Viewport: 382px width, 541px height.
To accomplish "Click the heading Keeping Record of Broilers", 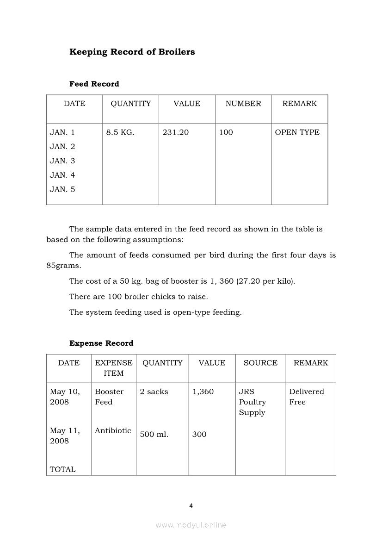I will point(132,52).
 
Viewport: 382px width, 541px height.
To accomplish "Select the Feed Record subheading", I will point(94,84).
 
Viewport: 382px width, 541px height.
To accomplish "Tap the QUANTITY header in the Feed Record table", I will point(130,104).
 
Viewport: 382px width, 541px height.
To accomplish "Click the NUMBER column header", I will point(243,104).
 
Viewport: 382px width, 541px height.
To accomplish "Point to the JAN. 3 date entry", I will point(62,161).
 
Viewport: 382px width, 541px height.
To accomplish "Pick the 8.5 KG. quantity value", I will point(120,132).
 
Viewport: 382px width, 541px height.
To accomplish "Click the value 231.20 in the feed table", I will point(176,132).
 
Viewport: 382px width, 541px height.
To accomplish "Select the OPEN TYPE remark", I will point(297,132).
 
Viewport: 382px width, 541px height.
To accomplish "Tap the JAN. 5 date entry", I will point(62,189).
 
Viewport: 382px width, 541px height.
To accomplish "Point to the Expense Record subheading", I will point(101,343).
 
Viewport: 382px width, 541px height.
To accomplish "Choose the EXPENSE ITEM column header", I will point(114,368).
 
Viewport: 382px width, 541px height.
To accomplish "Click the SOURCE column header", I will point(260,363).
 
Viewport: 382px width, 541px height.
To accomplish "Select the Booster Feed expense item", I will point(109,397).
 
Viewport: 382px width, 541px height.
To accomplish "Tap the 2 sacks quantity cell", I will point(154,392).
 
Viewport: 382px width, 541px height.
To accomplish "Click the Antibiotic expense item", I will point(113,430).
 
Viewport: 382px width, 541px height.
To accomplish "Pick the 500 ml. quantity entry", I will point(154,434).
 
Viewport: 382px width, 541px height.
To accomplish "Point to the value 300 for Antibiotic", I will point(199,434).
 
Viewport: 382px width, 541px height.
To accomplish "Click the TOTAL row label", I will point(62,469).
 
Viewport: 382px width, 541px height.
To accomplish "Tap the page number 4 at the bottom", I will point(191,506).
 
